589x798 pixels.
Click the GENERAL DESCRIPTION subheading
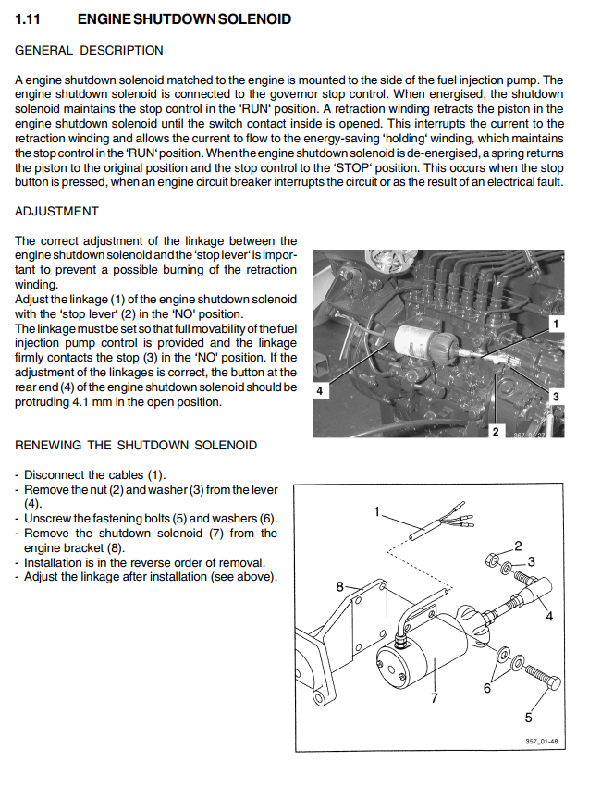89,50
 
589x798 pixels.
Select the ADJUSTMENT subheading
56,211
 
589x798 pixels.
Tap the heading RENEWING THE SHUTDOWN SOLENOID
136,445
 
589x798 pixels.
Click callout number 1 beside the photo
555,324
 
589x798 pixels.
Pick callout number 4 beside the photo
320,391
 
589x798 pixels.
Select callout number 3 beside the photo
556,396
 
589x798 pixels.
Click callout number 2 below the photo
496,431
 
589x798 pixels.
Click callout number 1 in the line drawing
377,510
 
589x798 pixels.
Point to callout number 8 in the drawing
339,586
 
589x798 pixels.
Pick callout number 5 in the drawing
529,717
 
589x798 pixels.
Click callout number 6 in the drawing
486,688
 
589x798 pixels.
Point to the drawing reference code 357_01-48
544,742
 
